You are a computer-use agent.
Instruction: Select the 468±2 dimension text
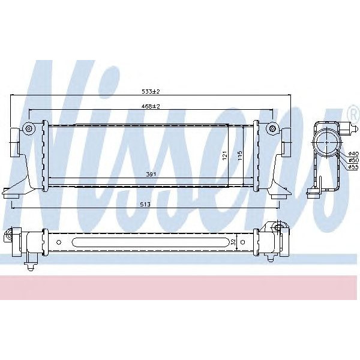coord(151,106)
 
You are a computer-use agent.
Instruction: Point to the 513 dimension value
coord(146,203)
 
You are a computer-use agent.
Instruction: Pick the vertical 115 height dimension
coord(239,154)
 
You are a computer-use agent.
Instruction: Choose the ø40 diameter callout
coord(353,154)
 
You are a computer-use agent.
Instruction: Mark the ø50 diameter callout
coord(353,160)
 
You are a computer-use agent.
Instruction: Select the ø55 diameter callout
coord(353,167)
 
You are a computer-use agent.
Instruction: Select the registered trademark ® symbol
coord(352,112)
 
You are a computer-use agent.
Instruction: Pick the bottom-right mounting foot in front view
coord(280,193)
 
